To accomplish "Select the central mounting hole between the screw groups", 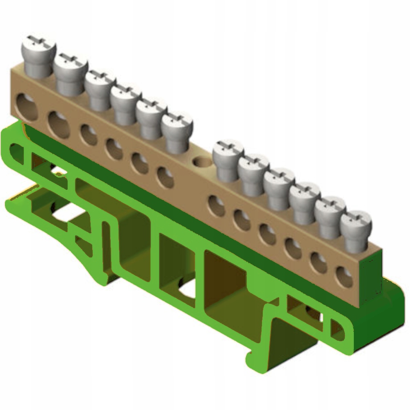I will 201,162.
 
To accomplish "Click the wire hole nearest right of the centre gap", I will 216,205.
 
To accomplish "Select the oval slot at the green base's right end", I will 337,328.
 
